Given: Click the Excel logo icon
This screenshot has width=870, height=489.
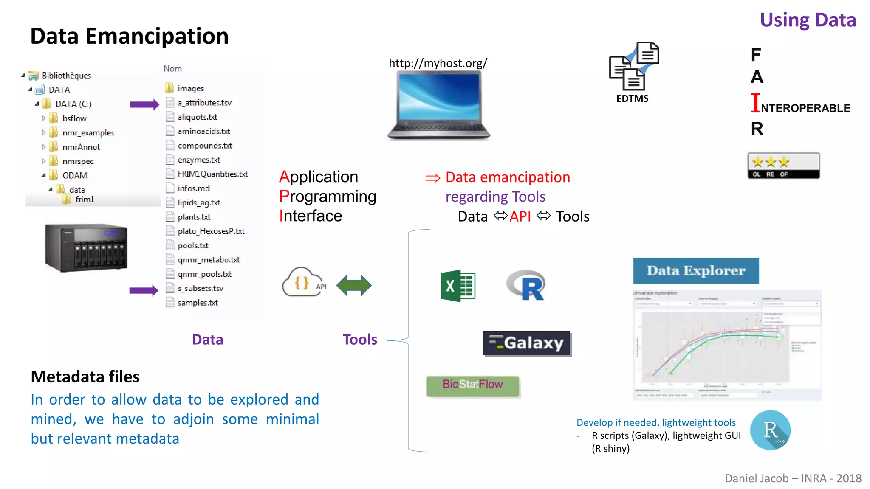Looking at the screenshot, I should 458,286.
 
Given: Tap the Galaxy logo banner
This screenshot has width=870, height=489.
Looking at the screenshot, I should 527,343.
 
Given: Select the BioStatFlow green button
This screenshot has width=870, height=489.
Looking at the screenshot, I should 472,385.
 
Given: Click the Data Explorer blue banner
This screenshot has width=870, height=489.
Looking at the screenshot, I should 695,270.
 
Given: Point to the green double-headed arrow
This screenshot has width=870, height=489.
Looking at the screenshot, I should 353,285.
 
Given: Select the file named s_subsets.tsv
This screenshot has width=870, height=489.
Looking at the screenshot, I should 200,288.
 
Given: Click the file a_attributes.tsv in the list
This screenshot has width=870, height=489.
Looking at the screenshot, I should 204,103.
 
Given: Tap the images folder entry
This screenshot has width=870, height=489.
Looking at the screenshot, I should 190,88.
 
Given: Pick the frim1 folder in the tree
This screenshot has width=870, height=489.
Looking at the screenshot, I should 84,200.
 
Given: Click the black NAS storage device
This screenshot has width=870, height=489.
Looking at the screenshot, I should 86,247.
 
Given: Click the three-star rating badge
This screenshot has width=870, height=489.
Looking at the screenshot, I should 783,166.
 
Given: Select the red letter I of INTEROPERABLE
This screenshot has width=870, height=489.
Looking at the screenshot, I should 755,103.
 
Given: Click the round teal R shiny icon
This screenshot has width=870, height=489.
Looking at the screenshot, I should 770,430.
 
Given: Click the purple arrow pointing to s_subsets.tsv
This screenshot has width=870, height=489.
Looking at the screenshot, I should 144,290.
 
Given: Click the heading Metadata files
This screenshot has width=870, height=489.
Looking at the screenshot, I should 85,377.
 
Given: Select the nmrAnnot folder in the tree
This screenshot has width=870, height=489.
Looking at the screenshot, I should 81,147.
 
